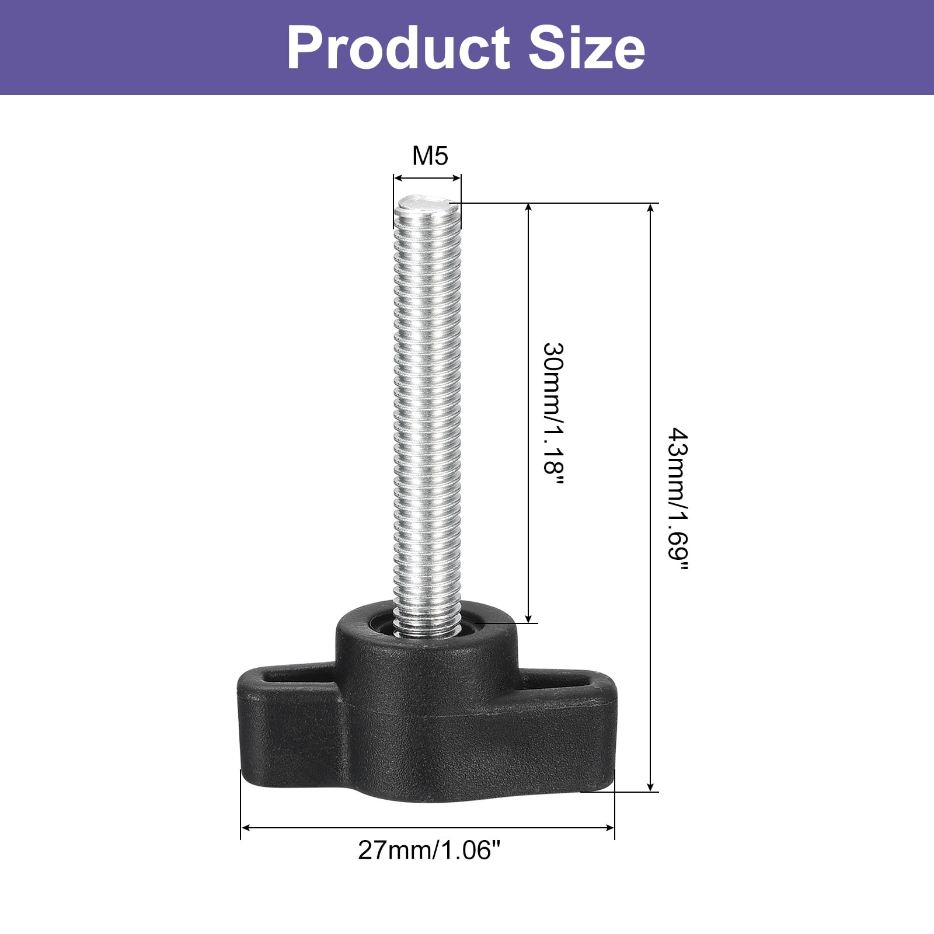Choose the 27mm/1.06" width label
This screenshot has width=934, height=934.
[x=430, y=850]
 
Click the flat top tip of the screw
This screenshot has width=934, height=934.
[x=427, y=204]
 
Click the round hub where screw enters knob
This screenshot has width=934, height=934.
[x=426, y=630]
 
